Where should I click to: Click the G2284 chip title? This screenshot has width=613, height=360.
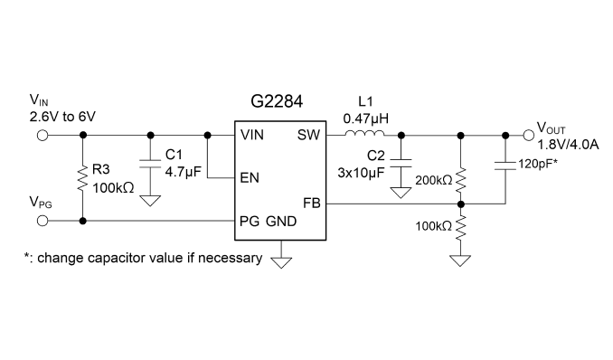[277, 101]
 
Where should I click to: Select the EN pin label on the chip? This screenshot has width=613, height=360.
[250, 178]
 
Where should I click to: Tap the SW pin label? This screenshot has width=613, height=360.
[308, 135]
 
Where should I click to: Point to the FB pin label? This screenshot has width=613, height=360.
[312, 204]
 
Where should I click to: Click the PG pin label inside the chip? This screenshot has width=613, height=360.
[249, 222]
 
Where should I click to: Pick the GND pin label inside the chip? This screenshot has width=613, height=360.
[281, 222]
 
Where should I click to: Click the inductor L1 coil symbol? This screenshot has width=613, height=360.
[364, 134]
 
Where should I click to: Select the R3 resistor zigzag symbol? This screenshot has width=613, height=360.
[82, 178]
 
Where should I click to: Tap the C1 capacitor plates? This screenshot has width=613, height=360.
[150, 164]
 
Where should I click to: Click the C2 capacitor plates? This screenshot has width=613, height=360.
[401, 163]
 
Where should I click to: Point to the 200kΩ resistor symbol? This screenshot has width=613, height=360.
[460, 180]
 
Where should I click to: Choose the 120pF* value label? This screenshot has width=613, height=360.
[538, 164]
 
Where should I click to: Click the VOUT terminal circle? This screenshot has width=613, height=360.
[529, 136]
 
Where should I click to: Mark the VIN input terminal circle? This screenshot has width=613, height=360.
[42, 136]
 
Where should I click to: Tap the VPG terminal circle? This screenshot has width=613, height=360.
[42, 221]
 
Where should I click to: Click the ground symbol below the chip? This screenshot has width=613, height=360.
[281, 262]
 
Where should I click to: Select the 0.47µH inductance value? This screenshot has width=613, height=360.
[366, 118]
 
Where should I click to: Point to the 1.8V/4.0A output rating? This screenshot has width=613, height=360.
[568, 145]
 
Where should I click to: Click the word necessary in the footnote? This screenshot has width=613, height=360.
[230, 259]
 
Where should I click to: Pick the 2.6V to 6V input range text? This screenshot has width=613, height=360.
[62, 117]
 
